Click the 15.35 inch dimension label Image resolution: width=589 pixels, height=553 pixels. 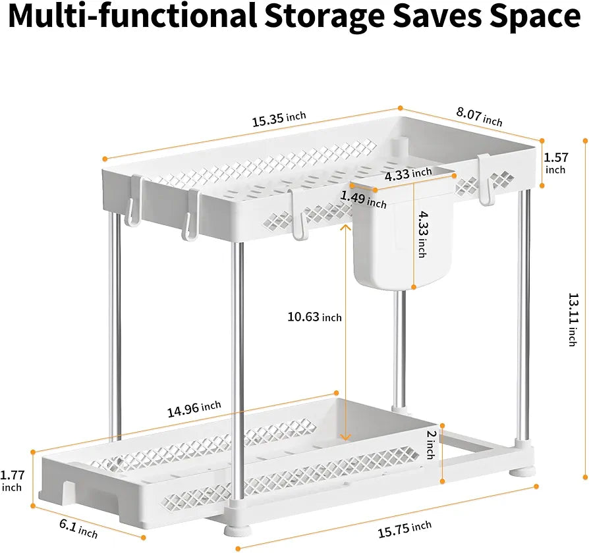click(x=279, y=119)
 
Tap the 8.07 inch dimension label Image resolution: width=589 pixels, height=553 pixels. click(x=480, y=117)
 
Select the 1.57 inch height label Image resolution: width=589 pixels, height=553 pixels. click(x=556, y=163)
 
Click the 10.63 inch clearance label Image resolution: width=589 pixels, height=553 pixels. click(x=314, y=317)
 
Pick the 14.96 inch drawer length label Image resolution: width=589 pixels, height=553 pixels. click(x=194, y=409)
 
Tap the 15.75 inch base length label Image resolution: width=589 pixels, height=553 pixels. click(x=405, y=529)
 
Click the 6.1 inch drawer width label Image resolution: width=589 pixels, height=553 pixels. click(x=78, y=529)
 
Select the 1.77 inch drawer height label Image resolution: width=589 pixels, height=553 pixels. click(x=12, y=481)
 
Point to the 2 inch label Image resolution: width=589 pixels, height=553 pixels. click(x=431, y=444)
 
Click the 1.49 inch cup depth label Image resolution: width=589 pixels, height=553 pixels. click(x=364, y=199)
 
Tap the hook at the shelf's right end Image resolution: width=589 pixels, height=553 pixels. click(x=486, y=180)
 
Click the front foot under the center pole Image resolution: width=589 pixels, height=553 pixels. click(x=237, y=531)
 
